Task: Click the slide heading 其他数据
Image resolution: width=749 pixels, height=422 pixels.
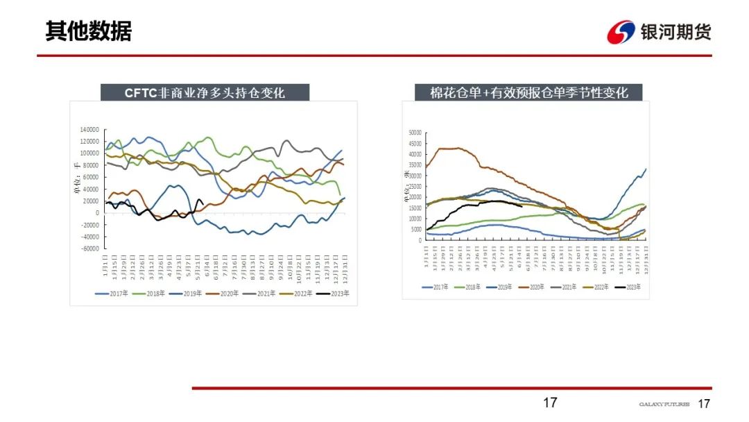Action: click(x=88, y=31)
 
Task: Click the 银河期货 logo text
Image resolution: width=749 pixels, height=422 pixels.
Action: click(x=675, y=31)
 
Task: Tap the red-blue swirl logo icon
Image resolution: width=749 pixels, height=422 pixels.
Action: click(x=621, y=32)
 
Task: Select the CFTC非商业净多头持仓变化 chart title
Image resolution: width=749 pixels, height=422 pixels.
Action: click(x=205, y=92)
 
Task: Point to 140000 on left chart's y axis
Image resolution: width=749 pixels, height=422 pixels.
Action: click(x=89, y=130)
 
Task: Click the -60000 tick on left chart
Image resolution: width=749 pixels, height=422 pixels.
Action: click(x=89, y=248)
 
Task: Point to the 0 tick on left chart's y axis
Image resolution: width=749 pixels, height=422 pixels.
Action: click(x=98, y=213)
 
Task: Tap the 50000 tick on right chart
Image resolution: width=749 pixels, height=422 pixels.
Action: click(x=415, y=133)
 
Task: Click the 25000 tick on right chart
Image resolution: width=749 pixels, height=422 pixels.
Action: click(x=415, y=187)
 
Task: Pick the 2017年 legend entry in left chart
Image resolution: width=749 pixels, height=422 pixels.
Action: click(x=112, y=294)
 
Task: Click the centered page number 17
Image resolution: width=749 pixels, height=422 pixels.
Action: click(x=549, y=403)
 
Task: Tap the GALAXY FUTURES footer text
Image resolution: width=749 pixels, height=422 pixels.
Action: click(x=664, y=404)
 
